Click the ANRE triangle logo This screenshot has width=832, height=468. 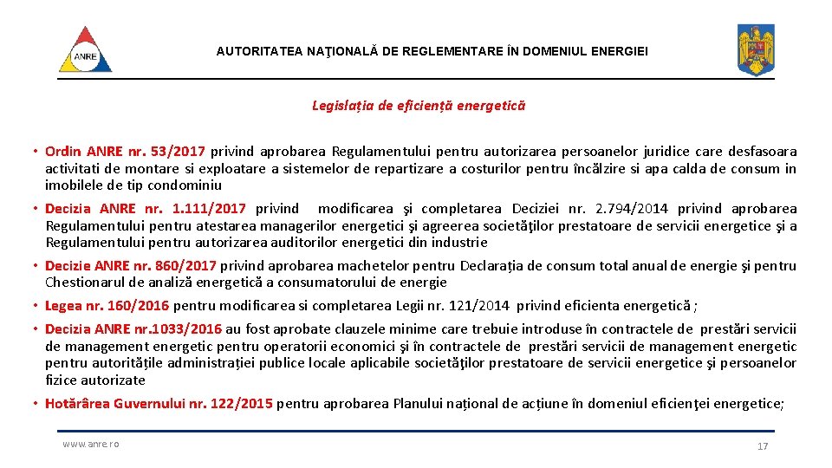(85, 50)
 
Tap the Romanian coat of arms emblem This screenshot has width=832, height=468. (755, 49)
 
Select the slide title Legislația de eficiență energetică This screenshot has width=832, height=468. (418, 106)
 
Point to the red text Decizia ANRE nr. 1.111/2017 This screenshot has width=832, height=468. (146, 208)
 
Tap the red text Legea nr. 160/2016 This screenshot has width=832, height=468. (108, 305)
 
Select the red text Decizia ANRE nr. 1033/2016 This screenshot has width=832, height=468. (133, 328)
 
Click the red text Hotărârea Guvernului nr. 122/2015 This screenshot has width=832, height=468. (159, 403)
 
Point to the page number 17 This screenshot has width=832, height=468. (763, 445)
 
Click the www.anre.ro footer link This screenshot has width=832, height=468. (90, 444)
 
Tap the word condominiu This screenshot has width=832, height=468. (185, 185)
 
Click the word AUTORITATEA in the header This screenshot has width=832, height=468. (258, 52)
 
